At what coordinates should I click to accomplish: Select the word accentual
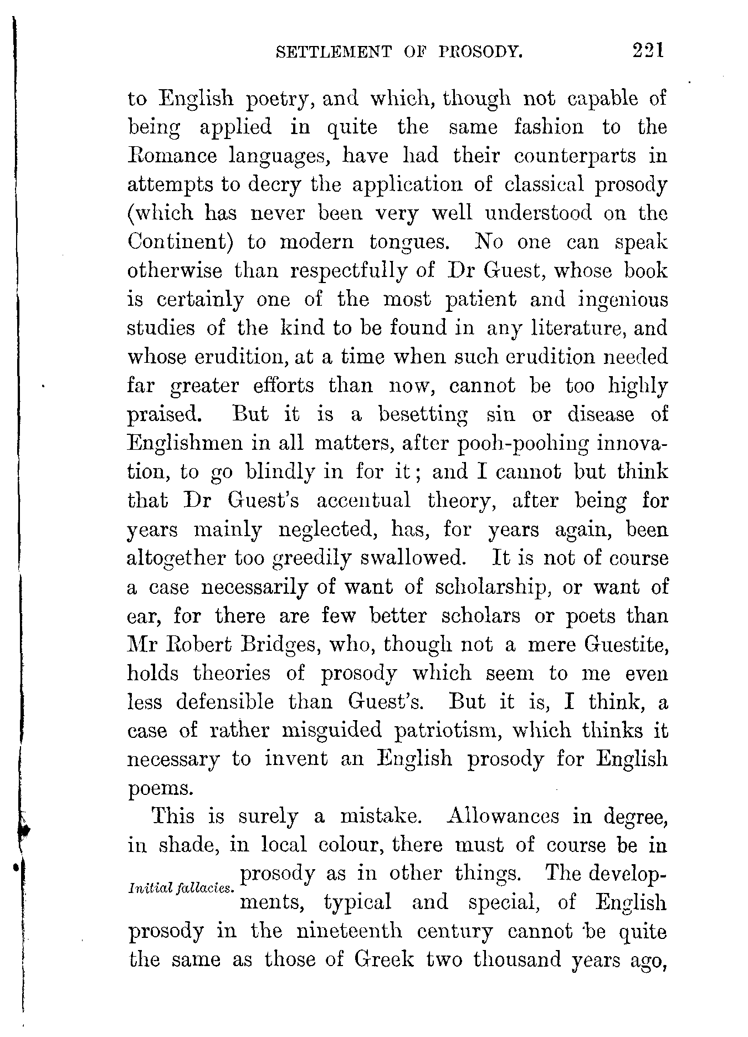click(x=363, y=501)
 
